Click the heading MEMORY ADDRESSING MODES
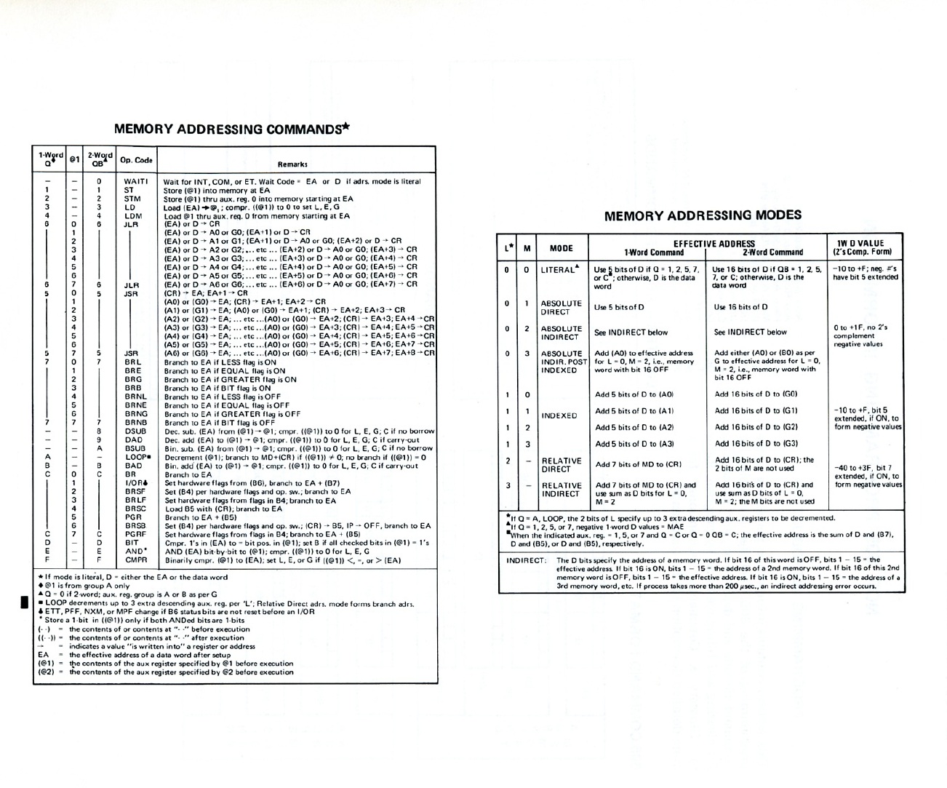(x=703, y=215)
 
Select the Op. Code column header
(x=136, y=160)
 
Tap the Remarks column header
(x=292, y=164)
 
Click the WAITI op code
(x=136, y=182)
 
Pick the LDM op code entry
(x=133, y=215)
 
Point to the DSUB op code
(x=135, y=431)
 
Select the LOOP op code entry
(x=137, y=457)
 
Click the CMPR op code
(x=136, y=560)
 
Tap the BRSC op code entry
(x=135, y=509)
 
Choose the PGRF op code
(x=135, y=535)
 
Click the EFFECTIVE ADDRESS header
(x=714, y=244)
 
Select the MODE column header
(x=561, y=248)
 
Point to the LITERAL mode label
(x=559, y=270)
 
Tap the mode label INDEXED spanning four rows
(x=559, y=415)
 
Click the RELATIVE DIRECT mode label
(x=561, y=465)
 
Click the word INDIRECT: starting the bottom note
(x=526, y=560)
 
